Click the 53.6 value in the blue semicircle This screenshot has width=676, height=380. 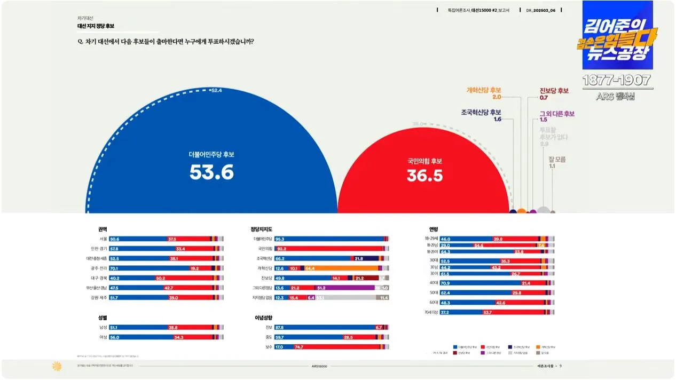(x=211, y=172)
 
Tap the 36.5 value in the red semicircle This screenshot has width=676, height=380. (x=425, y=176)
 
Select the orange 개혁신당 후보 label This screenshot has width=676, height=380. (x=484, y=90)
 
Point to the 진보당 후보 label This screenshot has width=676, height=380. (x=554, y=91)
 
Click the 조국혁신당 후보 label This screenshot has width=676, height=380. (x=481, y=113)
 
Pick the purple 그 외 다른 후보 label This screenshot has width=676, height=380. (x=556, y=114)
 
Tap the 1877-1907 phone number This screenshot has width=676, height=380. (x=617, y=81)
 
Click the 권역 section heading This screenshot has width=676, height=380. (x=103, y=229)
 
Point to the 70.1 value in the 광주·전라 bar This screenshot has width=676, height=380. (x=114, y=268)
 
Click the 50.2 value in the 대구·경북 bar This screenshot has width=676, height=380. (x=161, y=278)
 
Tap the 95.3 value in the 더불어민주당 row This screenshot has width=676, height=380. (x=279, y=239)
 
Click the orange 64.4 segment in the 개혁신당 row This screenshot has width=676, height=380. (x=310, y=268)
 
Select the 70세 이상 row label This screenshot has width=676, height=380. (x=431, y=312)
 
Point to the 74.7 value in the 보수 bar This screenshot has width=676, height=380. (x=299, y=347)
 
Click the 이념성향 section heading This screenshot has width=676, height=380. (x=263, y=318)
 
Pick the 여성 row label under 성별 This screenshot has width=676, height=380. (x=103, y=337)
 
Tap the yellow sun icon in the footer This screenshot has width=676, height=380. (x=56, y=366)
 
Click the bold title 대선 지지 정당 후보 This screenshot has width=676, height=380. (x=96, y=26)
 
